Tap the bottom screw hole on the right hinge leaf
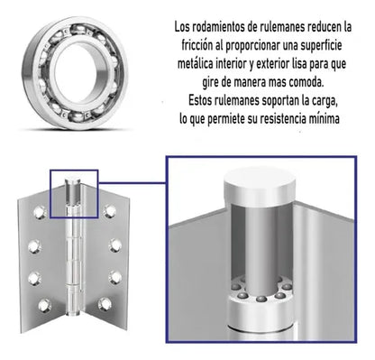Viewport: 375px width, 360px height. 105,305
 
